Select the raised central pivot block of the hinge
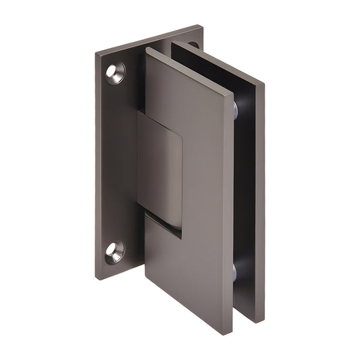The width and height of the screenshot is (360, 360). (160, 169)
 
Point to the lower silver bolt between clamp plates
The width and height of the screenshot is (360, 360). (233, 272)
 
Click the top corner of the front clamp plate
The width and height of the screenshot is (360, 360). (146, 50)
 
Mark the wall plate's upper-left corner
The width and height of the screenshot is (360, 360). (96, 53)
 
